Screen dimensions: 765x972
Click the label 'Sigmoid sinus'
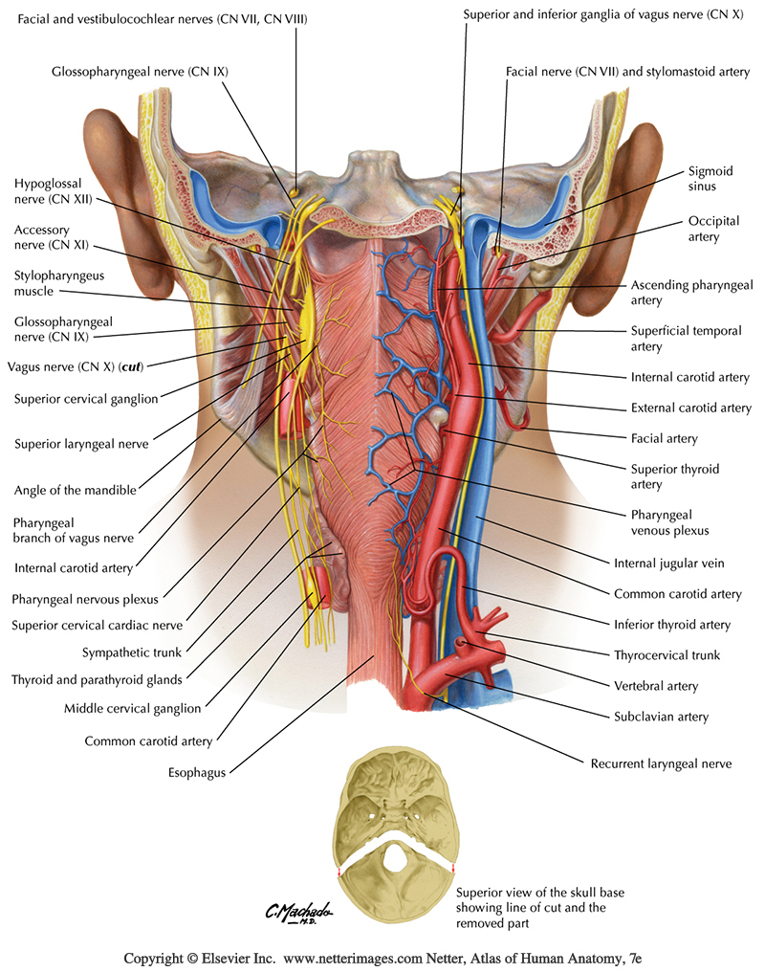(710, 179)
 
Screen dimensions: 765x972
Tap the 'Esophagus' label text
(197, 772)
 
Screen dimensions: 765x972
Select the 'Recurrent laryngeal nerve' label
(661, 763)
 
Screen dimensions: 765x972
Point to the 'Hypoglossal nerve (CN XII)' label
(54, 191)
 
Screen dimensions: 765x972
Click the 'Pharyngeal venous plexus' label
(669, 522)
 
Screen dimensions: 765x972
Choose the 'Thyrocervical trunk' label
(667, 655)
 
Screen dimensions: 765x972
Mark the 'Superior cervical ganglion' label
(86, 399)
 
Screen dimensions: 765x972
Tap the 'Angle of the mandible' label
(75, 491)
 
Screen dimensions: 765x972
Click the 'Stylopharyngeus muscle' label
(59, 283)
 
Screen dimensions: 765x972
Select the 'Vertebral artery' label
(656, 686)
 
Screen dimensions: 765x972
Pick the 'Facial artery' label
(664, 439)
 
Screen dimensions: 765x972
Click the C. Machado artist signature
(299, 913)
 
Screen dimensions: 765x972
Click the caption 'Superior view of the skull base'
(540, 893)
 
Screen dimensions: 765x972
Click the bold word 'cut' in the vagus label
(131, 367)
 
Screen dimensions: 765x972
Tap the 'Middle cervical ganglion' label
(133, 709)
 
